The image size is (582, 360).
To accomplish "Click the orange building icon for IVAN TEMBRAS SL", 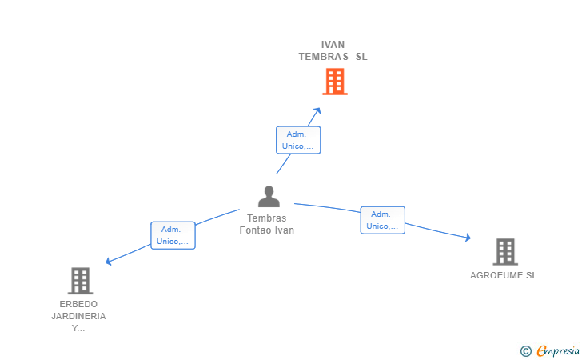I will (x=334, y=82).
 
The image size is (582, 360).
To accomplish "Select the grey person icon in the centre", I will (x=269, y=197).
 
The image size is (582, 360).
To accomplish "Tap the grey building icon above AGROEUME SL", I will (x=504, y=252).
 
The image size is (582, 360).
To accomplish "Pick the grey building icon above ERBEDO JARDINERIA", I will (x=80, y=281).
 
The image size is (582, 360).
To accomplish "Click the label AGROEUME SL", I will (x=504, y=275).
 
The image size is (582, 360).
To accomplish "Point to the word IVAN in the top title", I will (x=333, y=45).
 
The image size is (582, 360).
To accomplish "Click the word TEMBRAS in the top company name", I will (x=324, y=57).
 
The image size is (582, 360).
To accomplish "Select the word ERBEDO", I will (x=78, y=304).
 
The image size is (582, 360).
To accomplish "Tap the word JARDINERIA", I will (x=78, y=316).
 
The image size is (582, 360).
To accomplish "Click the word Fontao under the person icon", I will (x=256, y=230).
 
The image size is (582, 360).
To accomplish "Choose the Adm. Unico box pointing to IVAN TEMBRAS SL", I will (x=298, y=140).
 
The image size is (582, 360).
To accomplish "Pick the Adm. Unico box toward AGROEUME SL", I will (x=382, y=220).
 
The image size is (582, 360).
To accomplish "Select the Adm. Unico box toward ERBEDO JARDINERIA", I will (x=173, y=235).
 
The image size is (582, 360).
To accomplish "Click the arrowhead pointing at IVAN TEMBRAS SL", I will (x=317, y=110).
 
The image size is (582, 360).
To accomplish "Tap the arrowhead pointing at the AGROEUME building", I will (x=468, y=238).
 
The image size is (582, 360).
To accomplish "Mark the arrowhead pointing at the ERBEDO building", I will (x=109, y=261).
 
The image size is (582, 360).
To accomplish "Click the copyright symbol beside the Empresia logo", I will (x=525, y=350).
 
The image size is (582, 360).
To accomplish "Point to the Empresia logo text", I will (x=558, y=350).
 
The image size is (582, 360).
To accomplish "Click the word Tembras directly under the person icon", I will (x=266, y=218).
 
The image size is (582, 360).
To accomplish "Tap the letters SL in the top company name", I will (x=361, y=57).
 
